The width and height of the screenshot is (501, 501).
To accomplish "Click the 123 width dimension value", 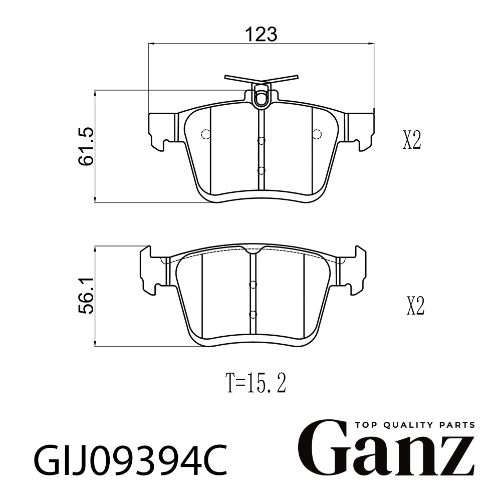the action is pos(261,34).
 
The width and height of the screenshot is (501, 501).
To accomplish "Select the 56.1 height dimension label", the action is pos(86,296).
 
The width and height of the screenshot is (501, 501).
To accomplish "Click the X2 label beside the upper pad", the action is pos(411,140).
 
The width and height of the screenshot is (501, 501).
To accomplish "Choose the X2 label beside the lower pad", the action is pos(415,306).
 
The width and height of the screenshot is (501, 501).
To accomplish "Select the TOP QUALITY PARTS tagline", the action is pos(415,425).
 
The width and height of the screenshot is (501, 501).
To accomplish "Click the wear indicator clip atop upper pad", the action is pos(262,90).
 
